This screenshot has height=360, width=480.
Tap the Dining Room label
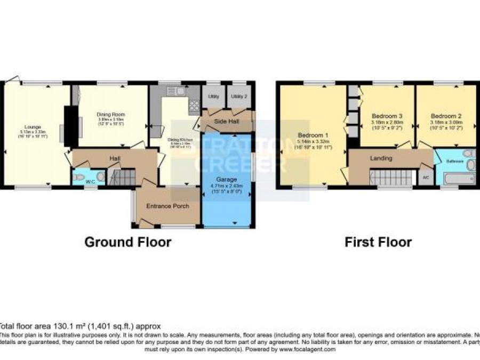point(110,114)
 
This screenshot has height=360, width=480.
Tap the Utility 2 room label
point(239,96)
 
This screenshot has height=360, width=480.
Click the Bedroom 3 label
point(387,116)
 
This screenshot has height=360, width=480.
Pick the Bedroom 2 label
point(446,116)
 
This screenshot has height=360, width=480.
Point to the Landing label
point(381,158)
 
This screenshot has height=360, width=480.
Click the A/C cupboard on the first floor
point(426,177)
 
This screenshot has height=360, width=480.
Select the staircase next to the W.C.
point(122,178)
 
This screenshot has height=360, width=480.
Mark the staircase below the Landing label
point(393,178)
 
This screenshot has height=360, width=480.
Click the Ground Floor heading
point(128,242)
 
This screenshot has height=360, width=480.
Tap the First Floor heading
point(378,242)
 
